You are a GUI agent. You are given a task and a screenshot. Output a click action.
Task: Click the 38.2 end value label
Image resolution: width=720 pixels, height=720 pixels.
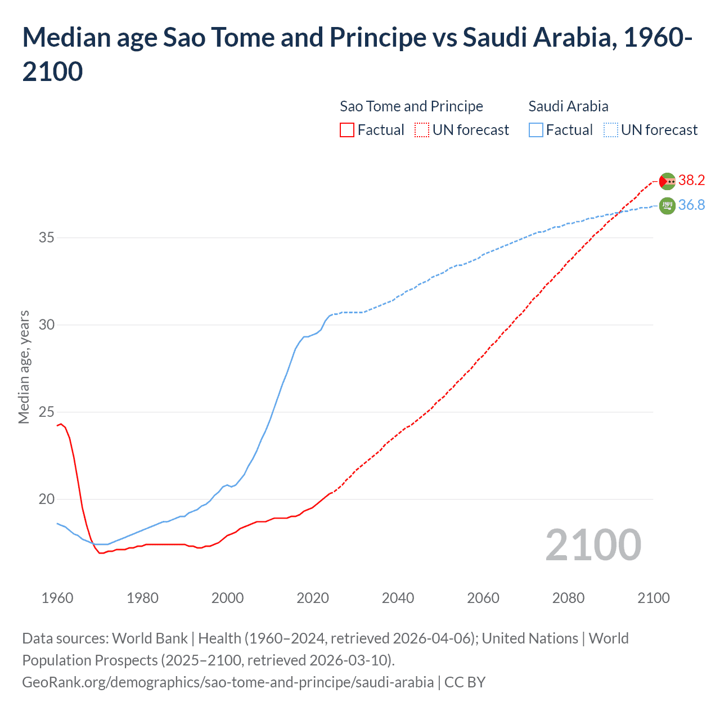click(691, 180)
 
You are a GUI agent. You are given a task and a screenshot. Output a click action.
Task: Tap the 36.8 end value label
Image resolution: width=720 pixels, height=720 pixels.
click(691, 205)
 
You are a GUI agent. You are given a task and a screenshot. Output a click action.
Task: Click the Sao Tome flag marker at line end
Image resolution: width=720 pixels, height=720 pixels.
click(667, 181)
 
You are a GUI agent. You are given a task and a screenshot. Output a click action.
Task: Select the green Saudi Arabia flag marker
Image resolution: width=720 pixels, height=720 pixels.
click(667, 206)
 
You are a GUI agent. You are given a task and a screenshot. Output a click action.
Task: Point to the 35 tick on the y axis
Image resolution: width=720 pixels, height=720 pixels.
click(46, 238)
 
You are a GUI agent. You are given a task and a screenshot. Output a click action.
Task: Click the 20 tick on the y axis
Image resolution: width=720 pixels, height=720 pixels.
click(46, 499)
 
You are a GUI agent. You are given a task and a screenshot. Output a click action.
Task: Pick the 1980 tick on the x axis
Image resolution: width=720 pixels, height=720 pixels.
click(142, 598)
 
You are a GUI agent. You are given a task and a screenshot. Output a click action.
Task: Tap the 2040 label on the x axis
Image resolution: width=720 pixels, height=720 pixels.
click(398, 598)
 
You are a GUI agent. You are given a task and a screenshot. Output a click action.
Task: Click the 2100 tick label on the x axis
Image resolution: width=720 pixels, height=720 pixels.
click(653, 598)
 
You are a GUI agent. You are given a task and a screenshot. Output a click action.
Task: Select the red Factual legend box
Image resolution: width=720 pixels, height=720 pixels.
click(347, 130)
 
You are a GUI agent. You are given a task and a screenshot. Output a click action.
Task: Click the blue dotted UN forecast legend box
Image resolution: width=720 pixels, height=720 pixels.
click(611, 130)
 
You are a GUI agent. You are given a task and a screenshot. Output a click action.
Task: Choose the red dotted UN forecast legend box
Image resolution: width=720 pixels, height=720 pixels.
click(422, 130)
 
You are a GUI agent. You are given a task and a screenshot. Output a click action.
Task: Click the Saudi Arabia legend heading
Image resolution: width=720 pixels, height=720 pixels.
click(568, 106)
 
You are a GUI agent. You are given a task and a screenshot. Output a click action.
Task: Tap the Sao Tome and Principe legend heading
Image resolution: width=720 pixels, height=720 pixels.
click(411, 106)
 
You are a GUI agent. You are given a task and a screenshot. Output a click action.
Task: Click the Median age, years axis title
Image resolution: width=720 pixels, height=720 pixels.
click(24, 367)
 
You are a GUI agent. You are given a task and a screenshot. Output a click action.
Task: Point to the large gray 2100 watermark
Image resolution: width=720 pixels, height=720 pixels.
click(593, 545)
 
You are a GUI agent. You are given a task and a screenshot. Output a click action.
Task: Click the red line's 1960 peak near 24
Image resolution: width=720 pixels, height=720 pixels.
click(61, 424)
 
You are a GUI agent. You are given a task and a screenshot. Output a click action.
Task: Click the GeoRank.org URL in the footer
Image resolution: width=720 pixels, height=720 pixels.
click(228, 682)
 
